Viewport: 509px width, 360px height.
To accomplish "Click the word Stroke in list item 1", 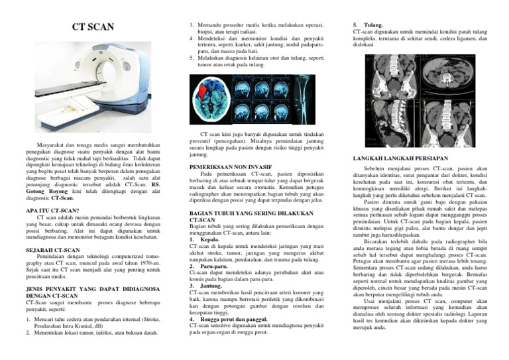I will (151, 319).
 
